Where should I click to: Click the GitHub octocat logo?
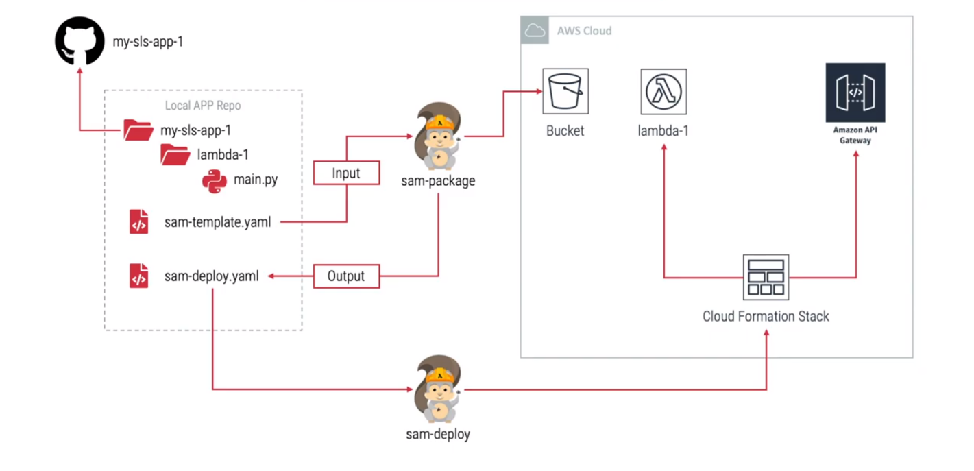[x=80, y=42]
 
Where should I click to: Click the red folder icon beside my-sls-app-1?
[x=138, y=130]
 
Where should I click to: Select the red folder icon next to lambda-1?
[x=175, y=155]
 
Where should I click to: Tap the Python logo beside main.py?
[x=215, y=181]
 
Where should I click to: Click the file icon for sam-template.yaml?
[x=139, y=222]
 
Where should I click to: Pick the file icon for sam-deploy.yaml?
[x=139, y=276]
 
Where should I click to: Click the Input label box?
[x=346, y=173]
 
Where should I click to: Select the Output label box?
[x=346, y=276]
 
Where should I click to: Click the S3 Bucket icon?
[x=565, y=91]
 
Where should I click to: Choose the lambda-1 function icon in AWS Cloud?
[x=663, y=91]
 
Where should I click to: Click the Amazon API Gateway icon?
[x=855, y=93]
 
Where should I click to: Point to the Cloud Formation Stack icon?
[x=766, y=277]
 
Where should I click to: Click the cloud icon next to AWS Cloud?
[x=535, y=31]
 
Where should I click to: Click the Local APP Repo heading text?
[x=203, y=106]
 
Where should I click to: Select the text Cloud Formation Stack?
[x=766, y=316]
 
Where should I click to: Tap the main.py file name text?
[x=256, y=180]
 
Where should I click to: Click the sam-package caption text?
[x=439, y=181]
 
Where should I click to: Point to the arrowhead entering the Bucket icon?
[x=535, y=91]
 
